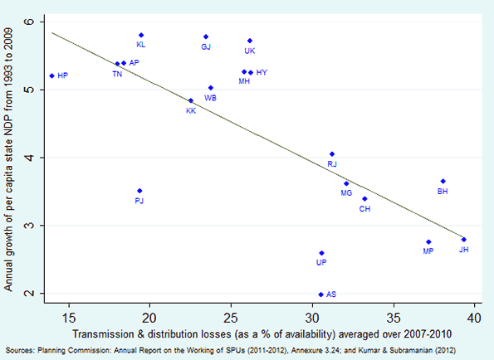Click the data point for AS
[x=321, y=294]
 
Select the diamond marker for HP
[x=51, y=75]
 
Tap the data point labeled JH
[x=463, y=239]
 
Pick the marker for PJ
[x=139, y=191]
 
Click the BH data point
[x=443, y=181]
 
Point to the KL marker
[x=141, y=35]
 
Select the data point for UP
[x=321, y=253]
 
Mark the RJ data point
[x=332, y=153]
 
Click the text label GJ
[x=206, y=47]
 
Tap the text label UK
[x=249, y=51]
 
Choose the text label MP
[x=428, y=251]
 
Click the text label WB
[x=210, y=98]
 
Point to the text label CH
[x=364, y=209]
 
